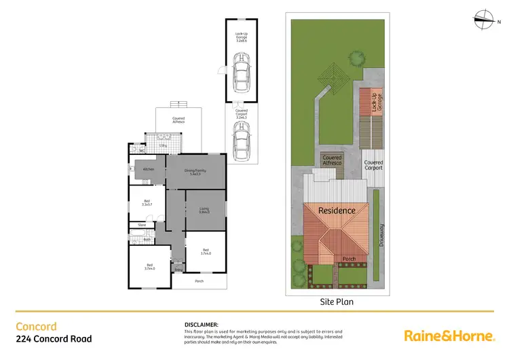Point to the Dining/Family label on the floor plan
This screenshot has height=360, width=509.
tap(195, 173)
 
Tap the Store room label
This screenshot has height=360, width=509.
tap(142, 224)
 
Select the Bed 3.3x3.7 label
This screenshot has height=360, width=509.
tap(147, 202)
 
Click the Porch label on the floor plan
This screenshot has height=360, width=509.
tap(199, 281)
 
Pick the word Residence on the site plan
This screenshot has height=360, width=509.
tap(337, 210)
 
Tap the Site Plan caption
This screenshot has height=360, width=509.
tap(337, 301)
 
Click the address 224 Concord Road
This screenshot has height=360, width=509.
tap(54, 338)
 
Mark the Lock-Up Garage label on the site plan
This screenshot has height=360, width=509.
tap(376, 102)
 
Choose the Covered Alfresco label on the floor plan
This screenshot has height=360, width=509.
tap(178, 120)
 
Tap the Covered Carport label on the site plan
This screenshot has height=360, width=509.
tap(374, 165)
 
